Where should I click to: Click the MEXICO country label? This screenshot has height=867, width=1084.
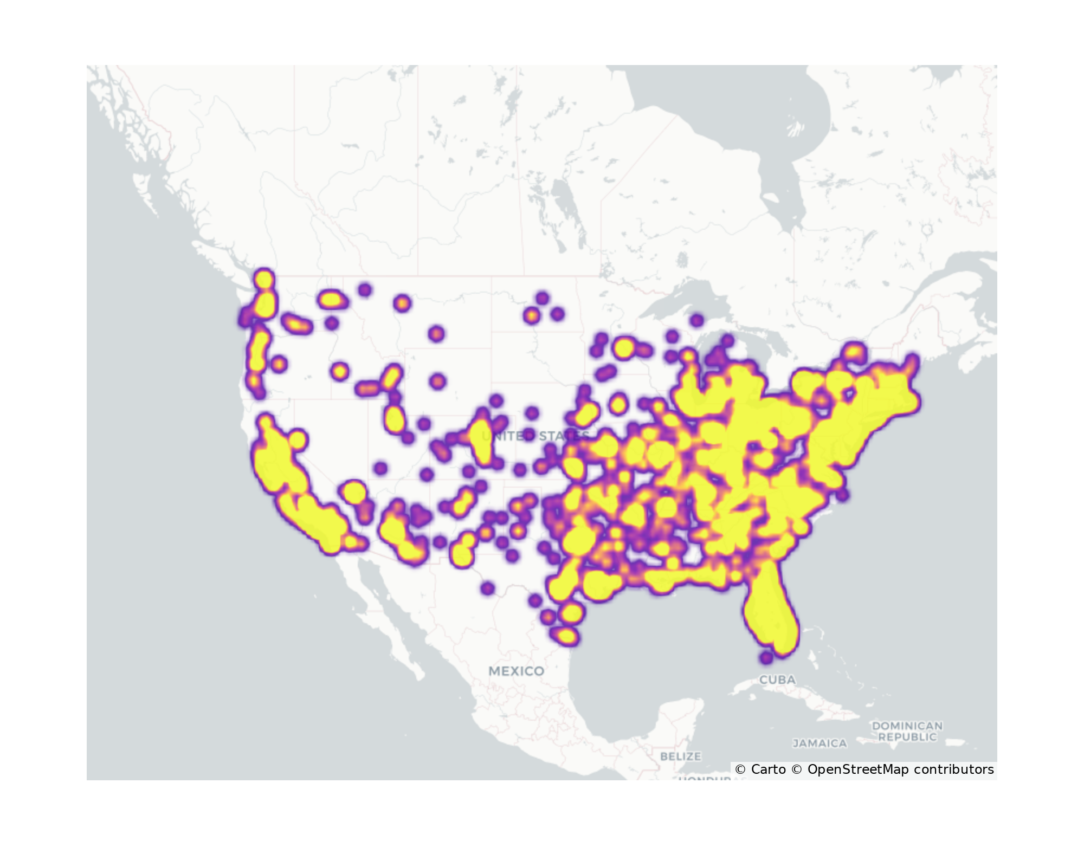pyautogui.click(x=516, y=671)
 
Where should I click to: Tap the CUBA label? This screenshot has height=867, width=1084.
pyautogui.click(x=777, y=680)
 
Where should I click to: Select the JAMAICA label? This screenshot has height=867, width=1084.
pyautogui.click(x=820, y=743)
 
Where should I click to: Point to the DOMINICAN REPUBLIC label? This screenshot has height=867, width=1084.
pyautogui.click(x=907, y=731)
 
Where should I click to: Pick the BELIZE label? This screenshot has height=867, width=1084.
pyautogui.click(x=680, y=756)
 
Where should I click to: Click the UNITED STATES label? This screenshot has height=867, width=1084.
pyautogui.click(x=535, y=436)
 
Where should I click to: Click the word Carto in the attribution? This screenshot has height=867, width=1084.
pyautogui.click(x=768, y=769)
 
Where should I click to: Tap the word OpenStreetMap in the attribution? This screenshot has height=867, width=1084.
pyautogui.click(x=858, y=769)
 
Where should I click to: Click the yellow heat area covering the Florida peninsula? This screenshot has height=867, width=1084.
pyautogui.click(x=770, y=612)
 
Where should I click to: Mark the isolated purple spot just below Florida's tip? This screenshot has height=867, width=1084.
pyautogui.click(x=766, y=658)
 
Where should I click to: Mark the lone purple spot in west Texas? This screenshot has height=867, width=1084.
pyautogui.click(x=487, y=588)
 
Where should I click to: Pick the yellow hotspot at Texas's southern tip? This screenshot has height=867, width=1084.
pyautogui.click(x=566, y=636)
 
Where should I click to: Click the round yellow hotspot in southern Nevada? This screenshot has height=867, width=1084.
pyautogui.click(x=354, y=492)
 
